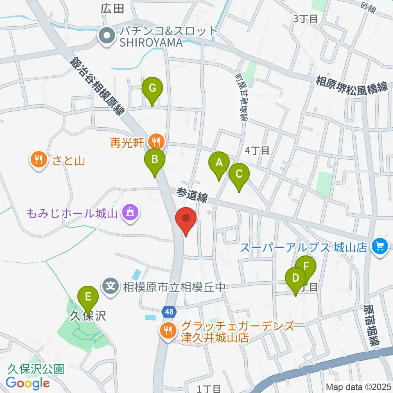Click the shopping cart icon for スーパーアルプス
pos(380,247)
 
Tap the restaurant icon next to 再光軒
pos(156,142)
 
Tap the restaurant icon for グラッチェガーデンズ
pos(167,330)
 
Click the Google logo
pos(28,383)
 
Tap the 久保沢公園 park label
pos(36,369)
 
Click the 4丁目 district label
pos(257,151)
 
